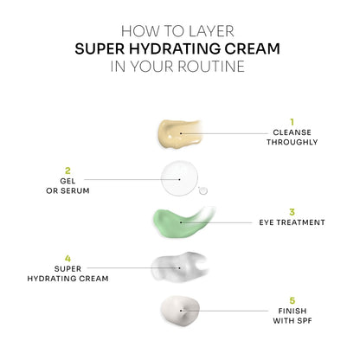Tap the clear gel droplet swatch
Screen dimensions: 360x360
pos(180,178)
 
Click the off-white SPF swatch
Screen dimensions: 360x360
pos(179,309)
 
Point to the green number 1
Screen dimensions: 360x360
pos(292,121)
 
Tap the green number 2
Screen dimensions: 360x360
pos(67,170)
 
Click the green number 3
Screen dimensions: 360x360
pos(292,210)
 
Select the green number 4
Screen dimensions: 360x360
pos(67,258)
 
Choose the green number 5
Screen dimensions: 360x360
pos(292,299)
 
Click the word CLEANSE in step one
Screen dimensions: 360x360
pos(292,134)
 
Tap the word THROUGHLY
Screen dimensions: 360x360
pos(292,145)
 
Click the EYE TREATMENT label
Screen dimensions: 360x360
pos(292,222)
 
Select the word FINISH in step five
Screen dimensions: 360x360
pos(292,311)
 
